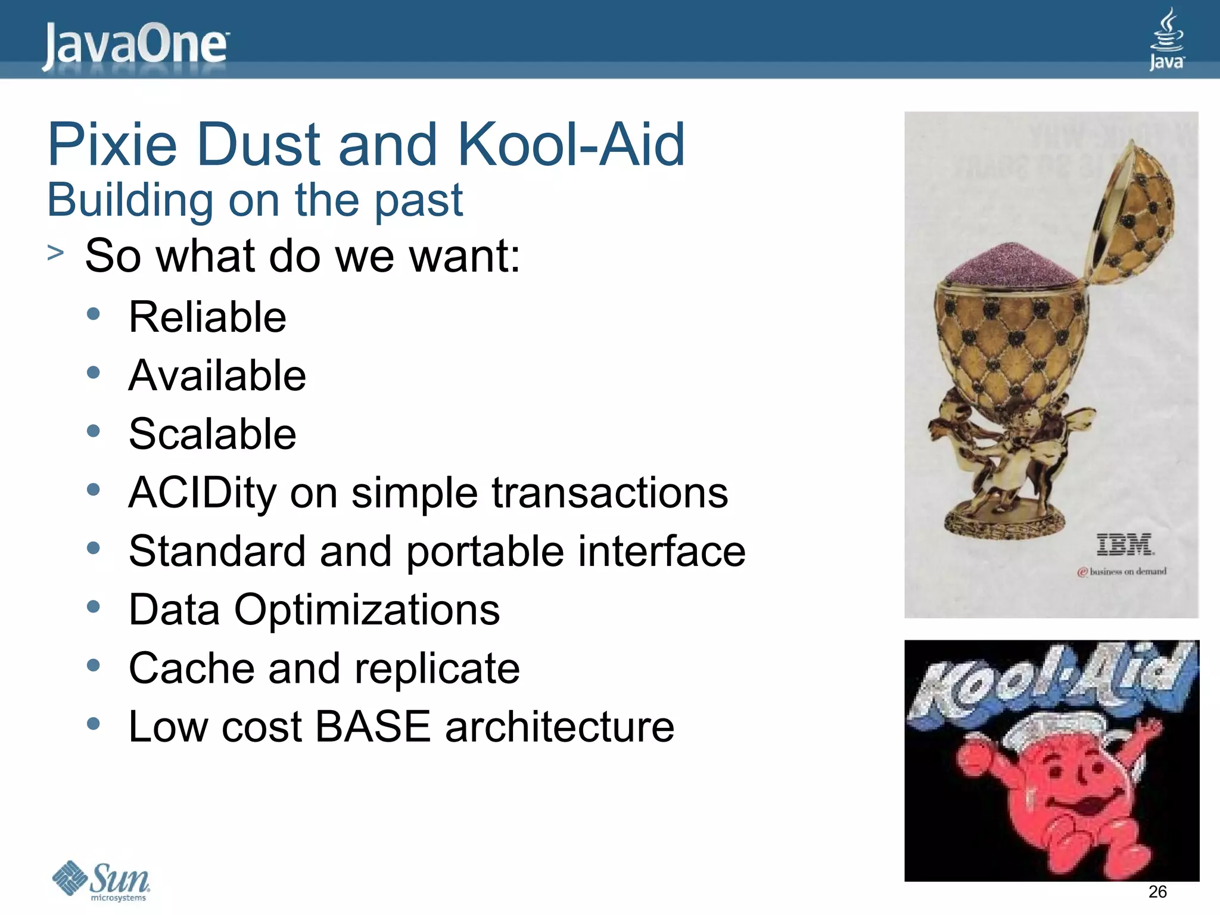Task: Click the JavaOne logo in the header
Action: point(135,46)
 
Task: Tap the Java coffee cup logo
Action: point(1166,39)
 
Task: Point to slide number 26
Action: point(1157,892)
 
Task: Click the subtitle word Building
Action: point(130,200)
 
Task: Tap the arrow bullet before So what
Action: point(55,253)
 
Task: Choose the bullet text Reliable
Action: point(207,317)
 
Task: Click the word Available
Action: point(217,376)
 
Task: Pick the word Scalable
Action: point(212,434)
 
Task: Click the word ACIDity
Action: point(202,493)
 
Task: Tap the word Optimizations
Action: point(367,610)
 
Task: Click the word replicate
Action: point(437,668)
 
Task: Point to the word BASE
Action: point(372,727)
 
